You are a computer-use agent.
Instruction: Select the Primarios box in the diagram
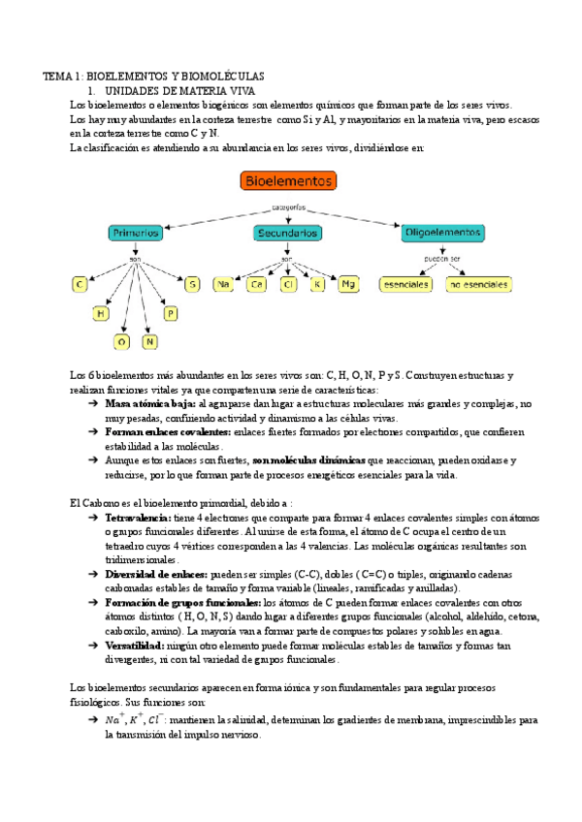coord(135,234)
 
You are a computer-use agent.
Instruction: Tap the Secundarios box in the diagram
coord(288,234)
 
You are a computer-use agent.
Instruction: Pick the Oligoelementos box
coord(443,234)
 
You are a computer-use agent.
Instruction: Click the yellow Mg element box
coord(349,284)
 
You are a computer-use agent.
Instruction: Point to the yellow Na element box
coord(225,284)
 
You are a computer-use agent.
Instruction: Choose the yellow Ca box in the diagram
coord(257,284)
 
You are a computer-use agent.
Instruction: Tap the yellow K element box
coord(317,284)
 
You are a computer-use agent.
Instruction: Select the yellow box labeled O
coord(122,341)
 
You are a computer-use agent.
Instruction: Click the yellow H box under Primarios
coord(100,313)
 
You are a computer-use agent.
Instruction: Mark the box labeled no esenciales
coord(478,285)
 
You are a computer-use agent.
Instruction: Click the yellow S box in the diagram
coord(193,284)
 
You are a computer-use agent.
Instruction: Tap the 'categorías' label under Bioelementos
coord(288,207)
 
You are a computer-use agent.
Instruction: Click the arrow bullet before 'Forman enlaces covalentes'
coord(92,432)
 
